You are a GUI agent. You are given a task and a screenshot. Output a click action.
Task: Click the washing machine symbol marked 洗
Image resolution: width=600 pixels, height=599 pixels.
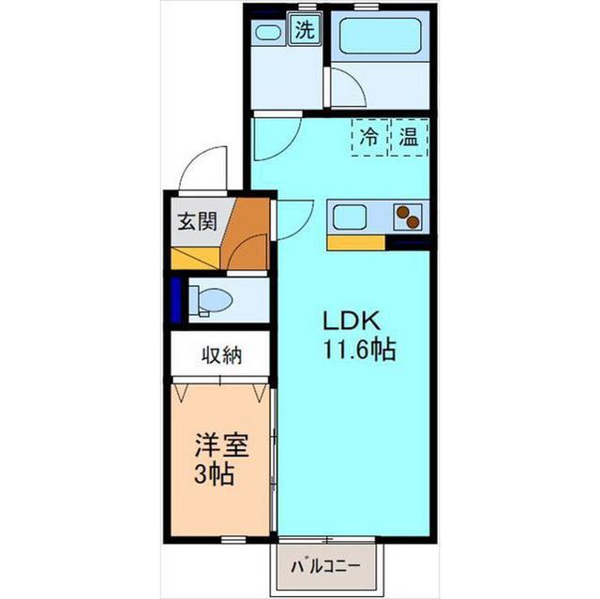point(306,29)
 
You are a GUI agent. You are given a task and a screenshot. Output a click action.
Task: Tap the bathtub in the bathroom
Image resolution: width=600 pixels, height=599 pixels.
point(380,37)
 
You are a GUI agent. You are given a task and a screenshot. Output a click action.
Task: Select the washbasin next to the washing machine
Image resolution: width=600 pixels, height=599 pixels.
point(267,32)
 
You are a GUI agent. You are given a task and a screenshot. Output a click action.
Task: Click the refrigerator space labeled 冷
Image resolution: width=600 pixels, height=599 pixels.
point(370,137)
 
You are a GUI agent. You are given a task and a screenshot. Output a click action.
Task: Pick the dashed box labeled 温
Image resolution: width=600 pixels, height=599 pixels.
point(409,137)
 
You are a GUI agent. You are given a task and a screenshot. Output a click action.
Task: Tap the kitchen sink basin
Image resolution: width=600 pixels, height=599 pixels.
point(350,217)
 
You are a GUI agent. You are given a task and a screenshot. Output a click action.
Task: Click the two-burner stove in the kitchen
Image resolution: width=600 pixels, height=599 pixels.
point(408,217)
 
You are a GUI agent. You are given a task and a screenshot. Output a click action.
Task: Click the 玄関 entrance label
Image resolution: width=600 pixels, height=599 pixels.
point(198,222)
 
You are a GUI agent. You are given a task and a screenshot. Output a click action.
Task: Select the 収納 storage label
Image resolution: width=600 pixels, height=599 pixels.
point(222,355)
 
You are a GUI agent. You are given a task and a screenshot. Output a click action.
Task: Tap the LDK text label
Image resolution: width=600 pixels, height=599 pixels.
point(352,321)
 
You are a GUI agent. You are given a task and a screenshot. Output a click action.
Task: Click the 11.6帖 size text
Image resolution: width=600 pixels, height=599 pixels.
point(359,349)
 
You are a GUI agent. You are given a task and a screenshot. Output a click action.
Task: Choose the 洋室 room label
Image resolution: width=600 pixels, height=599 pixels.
point(222,445)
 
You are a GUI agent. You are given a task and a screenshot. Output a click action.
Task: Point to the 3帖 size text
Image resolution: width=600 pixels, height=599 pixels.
point(214,474)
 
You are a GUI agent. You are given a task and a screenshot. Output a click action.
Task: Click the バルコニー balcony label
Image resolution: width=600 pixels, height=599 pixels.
point(325,566)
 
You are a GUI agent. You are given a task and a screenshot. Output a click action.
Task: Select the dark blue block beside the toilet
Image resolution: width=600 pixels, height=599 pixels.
point(175,300)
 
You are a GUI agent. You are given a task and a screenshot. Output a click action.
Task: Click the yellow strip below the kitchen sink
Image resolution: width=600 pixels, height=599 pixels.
point(356,243)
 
